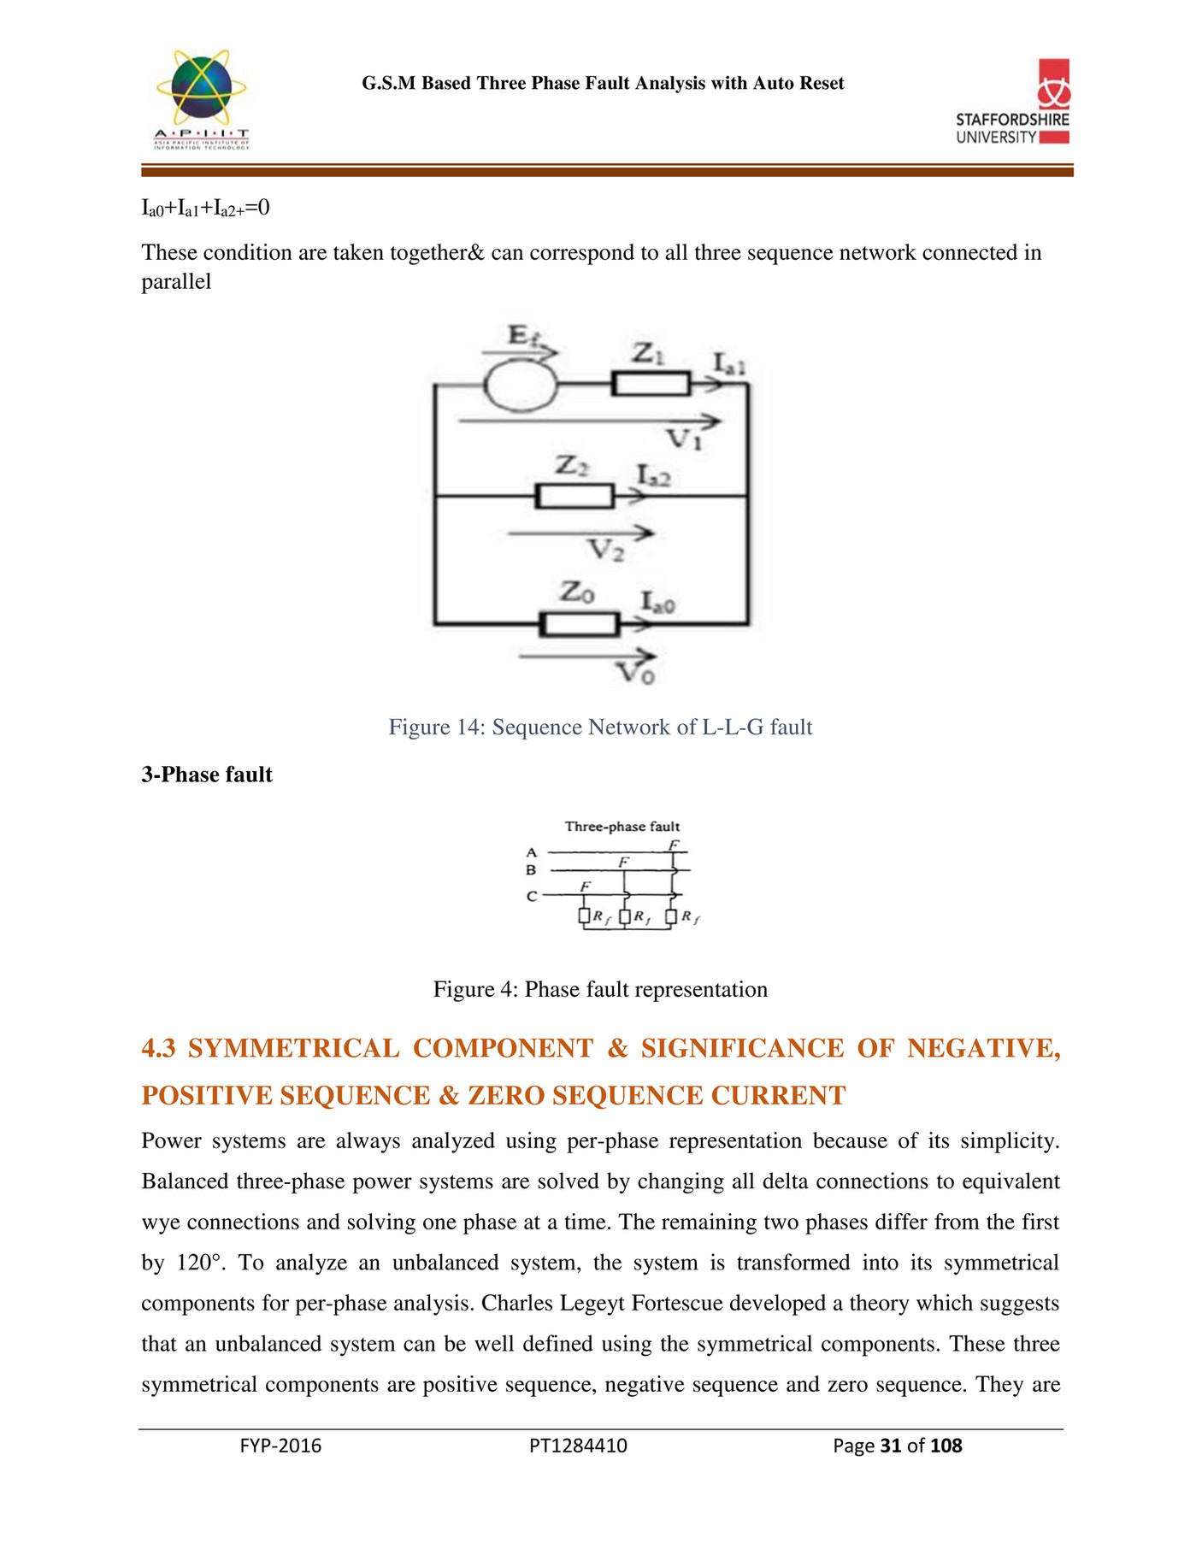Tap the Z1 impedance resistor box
(x=651, y=384)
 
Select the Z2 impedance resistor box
(x=574, y=496)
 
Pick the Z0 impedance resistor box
(x=579, y=624)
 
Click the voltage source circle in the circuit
(x=520, y=386)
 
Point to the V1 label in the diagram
(x=685, y=439)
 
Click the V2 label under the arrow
(x=607, y=550)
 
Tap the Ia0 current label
(x=658, y=604)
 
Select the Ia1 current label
(x=730, y=365)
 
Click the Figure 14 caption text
(x=600, y=727)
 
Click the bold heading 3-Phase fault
(x=207, y=775)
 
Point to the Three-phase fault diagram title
(x=622, y=827)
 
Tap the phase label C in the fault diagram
(x=532, y=897)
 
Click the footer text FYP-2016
(x=280, y=1446)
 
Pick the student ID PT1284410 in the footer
(x=578, y=1446)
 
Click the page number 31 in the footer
(x=891, y=1446)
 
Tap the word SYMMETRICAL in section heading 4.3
(x=293, y=1048)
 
